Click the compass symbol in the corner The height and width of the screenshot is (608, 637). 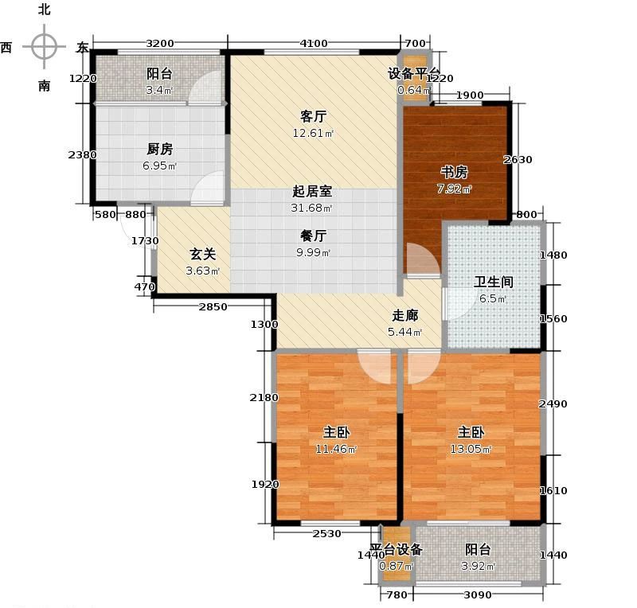pyautogui.click(x=44, y=47)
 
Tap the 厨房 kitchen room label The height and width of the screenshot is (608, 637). pyautogui.click(x=160, y=149)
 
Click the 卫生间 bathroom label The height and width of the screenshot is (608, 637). pyautogui.click(x=494, y=282)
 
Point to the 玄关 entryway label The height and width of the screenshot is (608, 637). pyautogui.click(x=201, y=255)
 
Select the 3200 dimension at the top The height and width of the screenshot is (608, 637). pyautogui.click(x=160, y=43)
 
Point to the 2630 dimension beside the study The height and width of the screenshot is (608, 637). pyautogui.click(x=518, y=159)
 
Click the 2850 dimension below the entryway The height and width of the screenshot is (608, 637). pyautogui.click(x=213, y=307)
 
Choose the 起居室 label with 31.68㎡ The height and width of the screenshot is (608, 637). pyautogui.click(x=312, y=192)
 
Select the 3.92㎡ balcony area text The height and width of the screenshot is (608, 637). pyautogui.click(x=479, y=567)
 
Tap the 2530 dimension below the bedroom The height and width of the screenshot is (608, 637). pyautogui.click(x=326, y=534)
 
